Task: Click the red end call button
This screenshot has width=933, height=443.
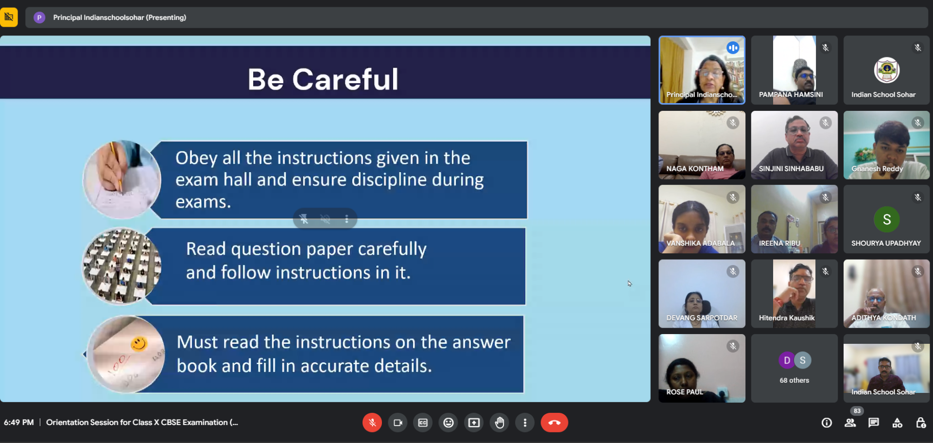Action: pos(554,423)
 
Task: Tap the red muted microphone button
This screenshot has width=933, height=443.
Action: pos(372,423)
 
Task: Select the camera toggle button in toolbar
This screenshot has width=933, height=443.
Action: pos(397,423)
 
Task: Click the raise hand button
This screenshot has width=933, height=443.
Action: pos(500,423)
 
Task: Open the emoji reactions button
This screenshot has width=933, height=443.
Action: pos(449,423)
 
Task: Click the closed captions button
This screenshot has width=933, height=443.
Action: pos(423,423)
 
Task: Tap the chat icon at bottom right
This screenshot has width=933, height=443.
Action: pos(874,423)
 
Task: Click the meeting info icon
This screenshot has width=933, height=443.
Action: pos(827,423)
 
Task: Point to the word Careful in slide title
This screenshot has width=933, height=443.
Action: pos(345,79)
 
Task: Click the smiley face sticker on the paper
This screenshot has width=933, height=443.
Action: pos(139,344)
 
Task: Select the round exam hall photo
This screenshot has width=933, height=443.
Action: pos(121,266)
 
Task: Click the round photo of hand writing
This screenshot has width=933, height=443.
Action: pos(121,180)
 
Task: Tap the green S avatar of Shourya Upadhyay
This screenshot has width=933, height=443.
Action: pos(887,219)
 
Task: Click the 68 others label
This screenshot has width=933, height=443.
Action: pos(795,380)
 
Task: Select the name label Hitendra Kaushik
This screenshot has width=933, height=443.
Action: pos(787,318)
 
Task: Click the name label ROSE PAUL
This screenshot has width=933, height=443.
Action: pos(685,392)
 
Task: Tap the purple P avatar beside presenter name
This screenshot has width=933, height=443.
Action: pos(39,18)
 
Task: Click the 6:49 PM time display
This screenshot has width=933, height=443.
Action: pos(19,422)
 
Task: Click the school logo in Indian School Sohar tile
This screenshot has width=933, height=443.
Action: pos(887,70)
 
